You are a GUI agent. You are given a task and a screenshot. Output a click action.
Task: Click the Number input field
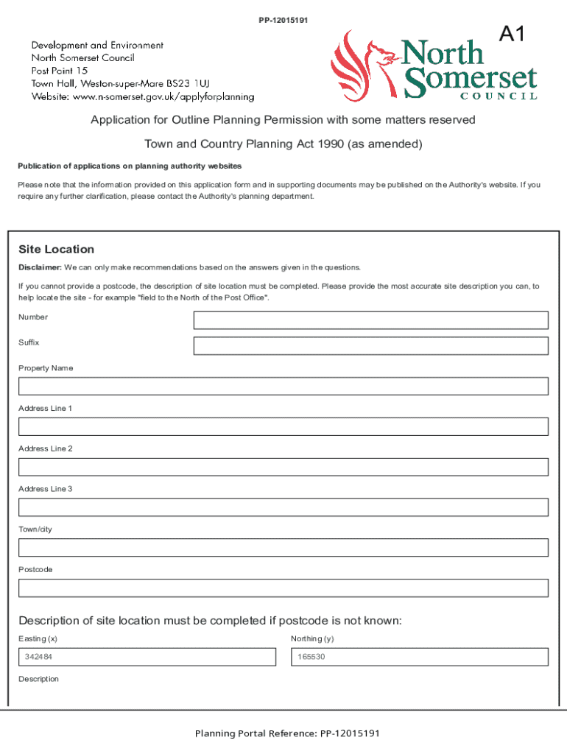tap(370, 320)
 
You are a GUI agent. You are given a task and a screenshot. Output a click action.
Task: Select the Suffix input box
tap(370, 346)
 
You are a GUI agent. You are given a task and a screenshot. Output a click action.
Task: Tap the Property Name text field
tap(283, 387)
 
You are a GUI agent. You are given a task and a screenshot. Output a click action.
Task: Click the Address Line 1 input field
tap(283, 427)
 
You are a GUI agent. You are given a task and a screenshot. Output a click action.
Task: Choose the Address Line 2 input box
tap(283, 467)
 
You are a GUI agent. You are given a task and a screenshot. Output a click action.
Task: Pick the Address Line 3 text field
tap(283, 507)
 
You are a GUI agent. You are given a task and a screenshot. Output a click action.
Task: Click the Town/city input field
tap(283, 548)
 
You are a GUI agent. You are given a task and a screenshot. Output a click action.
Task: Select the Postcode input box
tap(283, 588)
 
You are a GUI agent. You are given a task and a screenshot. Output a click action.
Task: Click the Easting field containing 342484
tap(147, 657)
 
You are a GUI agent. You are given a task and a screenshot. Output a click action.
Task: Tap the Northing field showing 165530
tap(420, 657)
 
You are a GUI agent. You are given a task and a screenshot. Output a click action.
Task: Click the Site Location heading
tap(56, 250)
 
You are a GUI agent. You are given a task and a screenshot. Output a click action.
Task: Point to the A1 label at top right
tap(513, 35)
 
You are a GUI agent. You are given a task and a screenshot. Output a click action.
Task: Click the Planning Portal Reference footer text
tap(287, 733)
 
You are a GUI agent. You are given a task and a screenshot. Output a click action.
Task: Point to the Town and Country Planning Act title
tap(283, 144)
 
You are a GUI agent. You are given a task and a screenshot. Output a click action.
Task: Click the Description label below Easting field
tap(38, 679)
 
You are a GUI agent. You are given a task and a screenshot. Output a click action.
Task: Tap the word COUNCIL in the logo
tap(499, 96)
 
